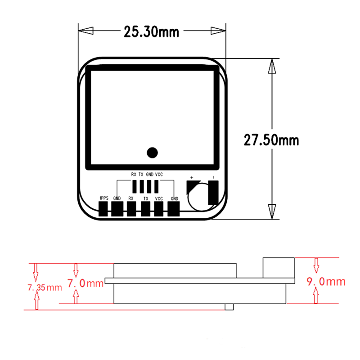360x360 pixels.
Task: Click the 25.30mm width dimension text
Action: coord(151,32)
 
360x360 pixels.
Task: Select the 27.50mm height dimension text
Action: coord(271,139)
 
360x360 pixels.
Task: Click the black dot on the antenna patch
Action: coord(153,153)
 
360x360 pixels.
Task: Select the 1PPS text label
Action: coord(103,198)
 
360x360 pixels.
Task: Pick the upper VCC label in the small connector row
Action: coord(159,174)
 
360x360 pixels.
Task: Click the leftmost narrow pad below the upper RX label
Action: coord(134,186)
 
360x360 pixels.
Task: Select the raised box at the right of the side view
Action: coord(279,267)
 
